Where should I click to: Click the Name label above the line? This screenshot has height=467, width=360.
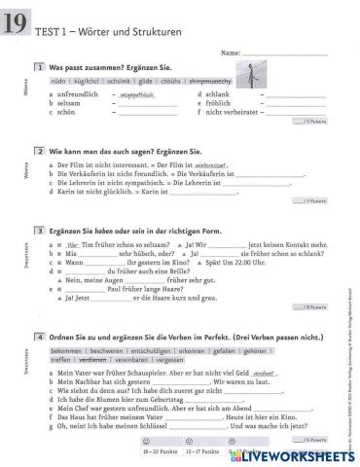click(x=231, y=52)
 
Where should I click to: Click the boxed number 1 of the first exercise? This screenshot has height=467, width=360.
click(x=38, y=67)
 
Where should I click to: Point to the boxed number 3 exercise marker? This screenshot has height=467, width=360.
click(x=38, y=230)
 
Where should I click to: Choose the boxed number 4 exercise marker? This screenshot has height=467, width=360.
click(x=38, y=336)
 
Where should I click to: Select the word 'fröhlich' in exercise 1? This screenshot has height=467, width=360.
click(x=222, y=103)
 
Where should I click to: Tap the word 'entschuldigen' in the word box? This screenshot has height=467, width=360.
click(x=159, y=350)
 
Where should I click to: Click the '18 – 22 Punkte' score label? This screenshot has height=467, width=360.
click(x=157, y=451)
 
